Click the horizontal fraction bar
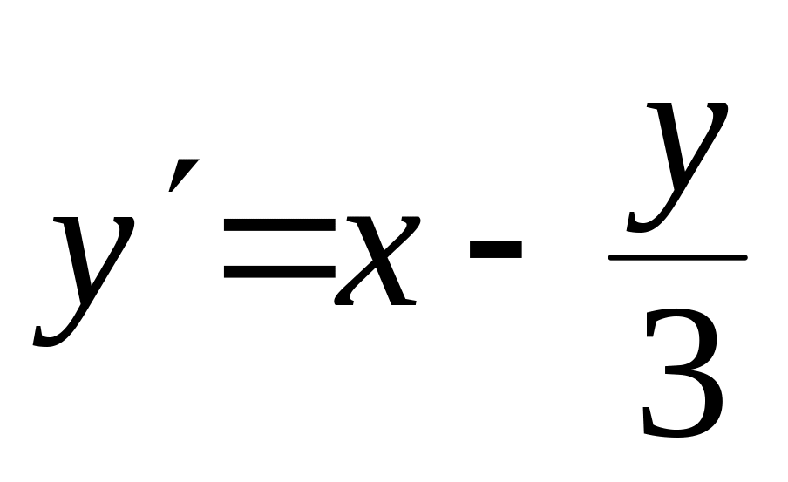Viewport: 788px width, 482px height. (677, 257)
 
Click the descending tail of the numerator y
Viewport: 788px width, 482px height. (641, 227)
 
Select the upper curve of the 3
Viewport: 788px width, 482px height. (689, 336)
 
